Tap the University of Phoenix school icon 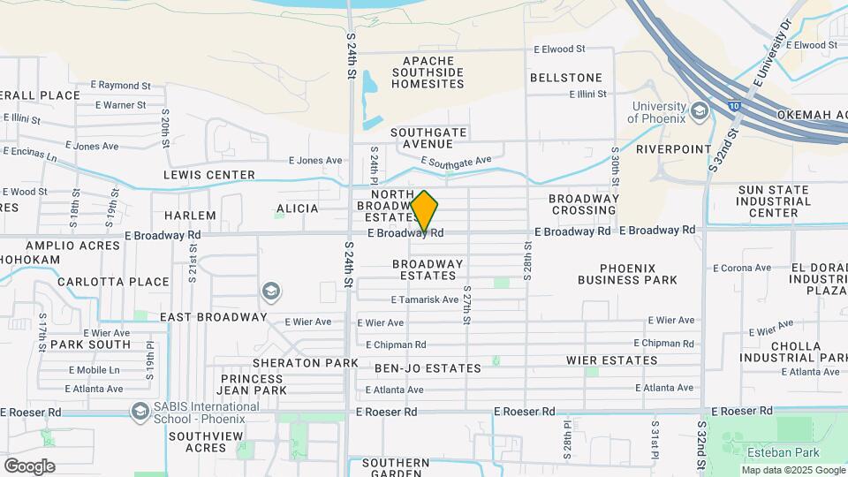tap(700, 110)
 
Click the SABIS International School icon tap(139, 412)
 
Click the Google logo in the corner tap(29, 466)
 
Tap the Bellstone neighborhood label tap(565, 78)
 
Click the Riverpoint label tap(673, 149)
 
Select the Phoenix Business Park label tap(627, 274)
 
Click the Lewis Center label tap(208, 175)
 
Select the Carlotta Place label tap(113, 282)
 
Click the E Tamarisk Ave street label tap(426, 299)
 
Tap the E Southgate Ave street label tap(456, 162)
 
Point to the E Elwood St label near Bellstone tap(559, 49)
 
